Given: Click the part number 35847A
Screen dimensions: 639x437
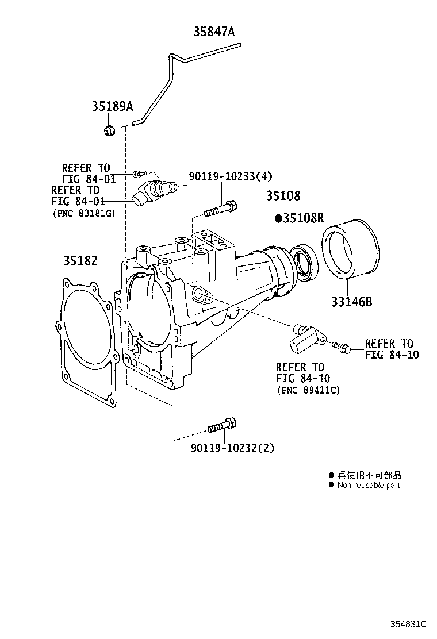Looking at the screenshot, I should click(x=213, y=32).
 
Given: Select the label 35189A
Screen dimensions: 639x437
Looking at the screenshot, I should click(x=112, y=106).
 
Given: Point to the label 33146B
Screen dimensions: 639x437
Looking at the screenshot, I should click(x=351, y=301).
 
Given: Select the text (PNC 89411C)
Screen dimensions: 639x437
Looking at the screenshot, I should click(x=308, y=390).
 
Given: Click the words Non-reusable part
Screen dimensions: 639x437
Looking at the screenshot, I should click(x=368, y=485).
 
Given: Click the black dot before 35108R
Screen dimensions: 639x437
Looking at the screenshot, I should click(x=278, y=218).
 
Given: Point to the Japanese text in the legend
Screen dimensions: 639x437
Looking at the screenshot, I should click(x=369, y=475).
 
